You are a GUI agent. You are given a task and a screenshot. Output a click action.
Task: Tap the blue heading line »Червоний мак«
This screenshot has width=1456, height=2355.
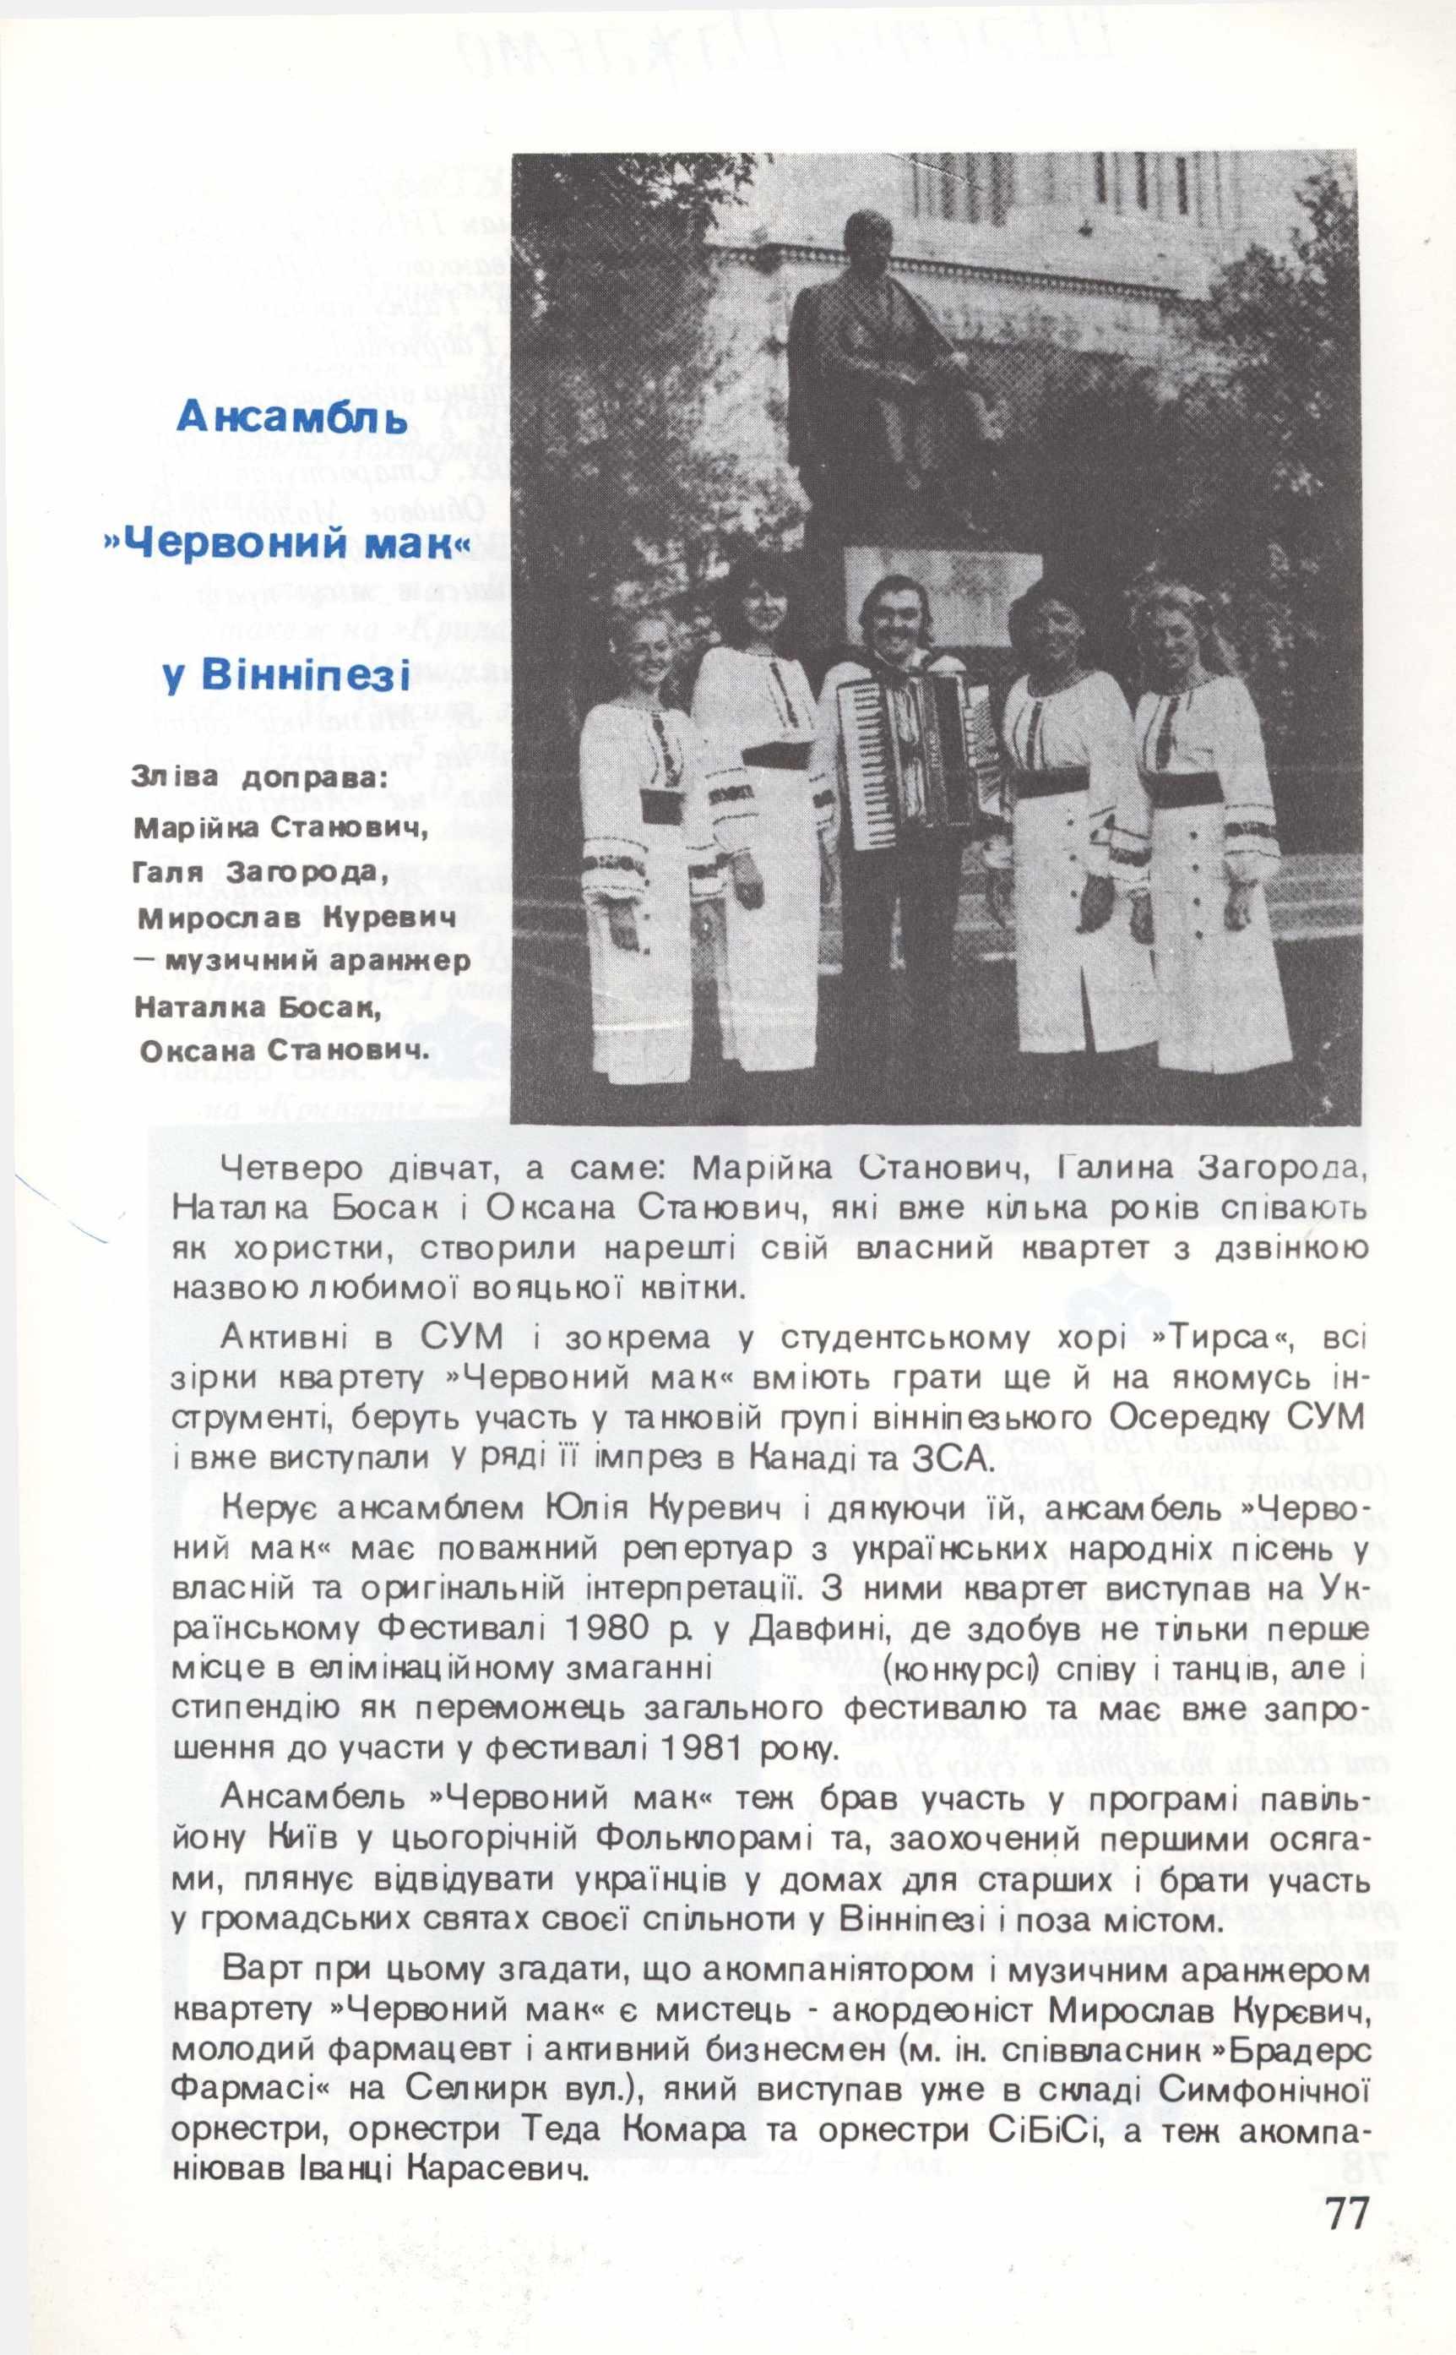coord(286,545)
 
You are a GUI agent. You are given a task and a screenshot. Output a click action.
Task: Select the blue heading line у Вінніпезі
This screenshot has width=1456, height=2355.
coord(286,675)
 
